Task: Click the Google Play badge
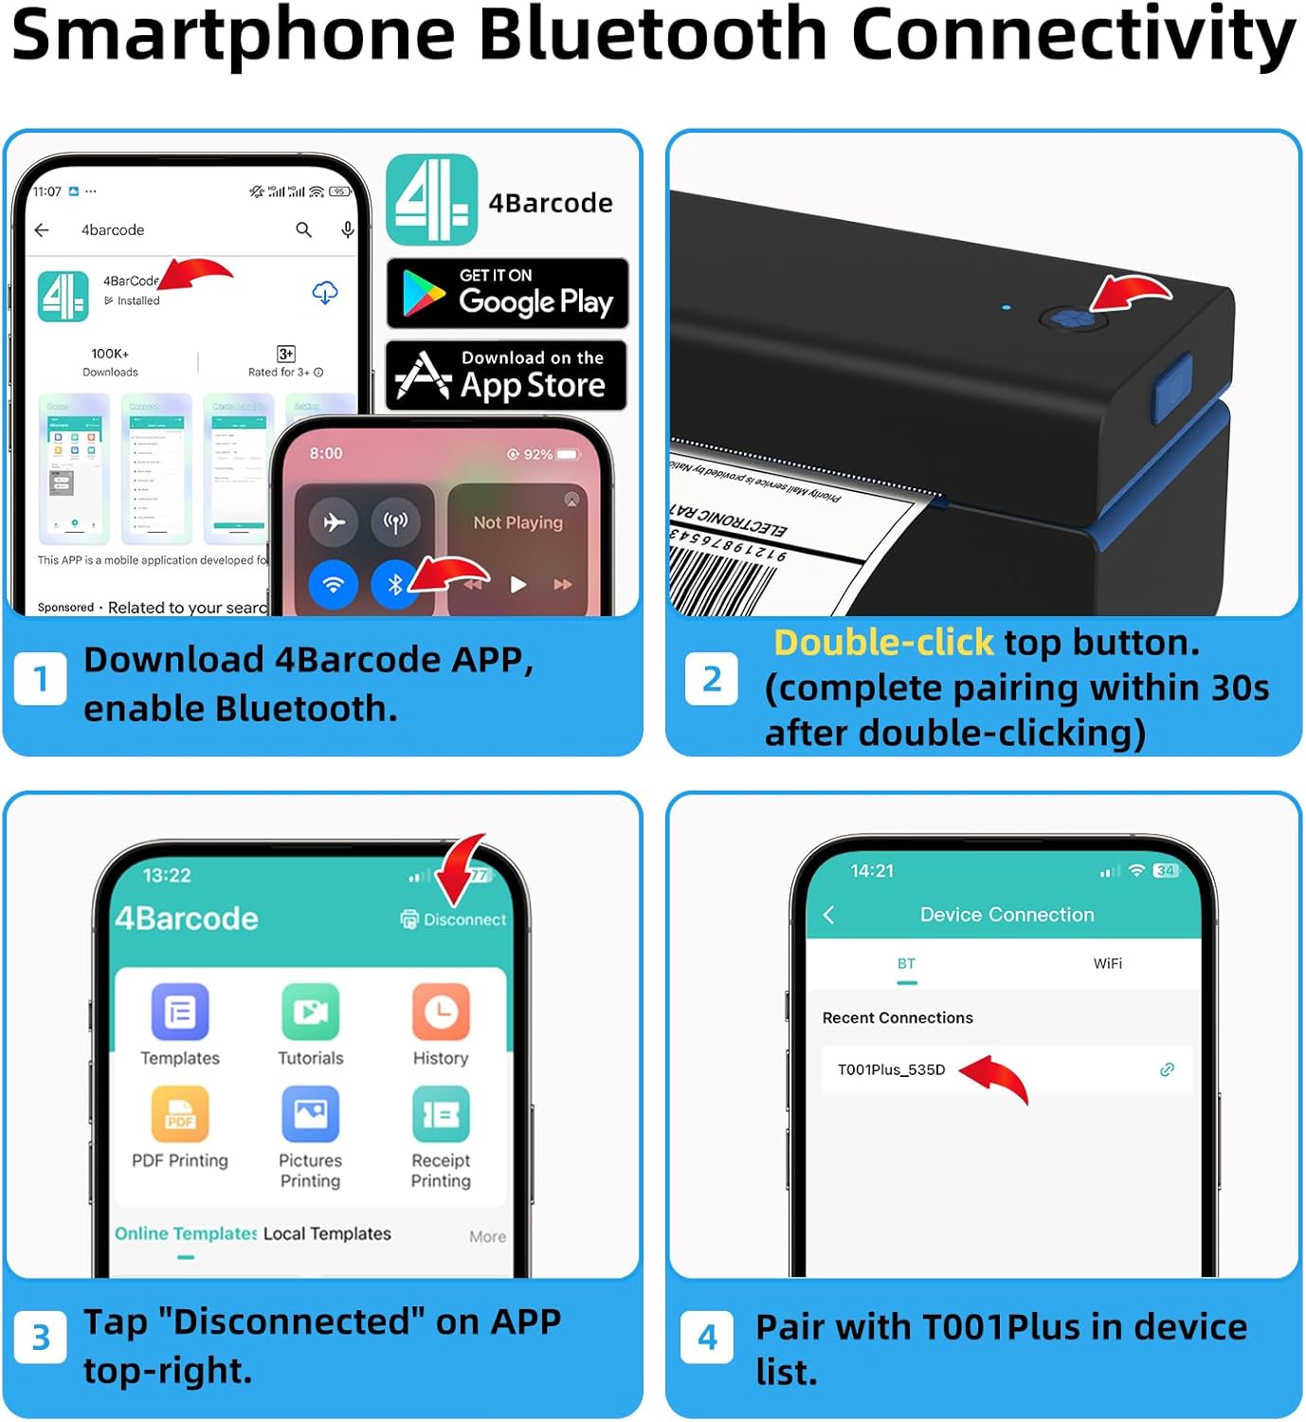click(507, 294)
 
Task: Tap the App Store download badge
click(507, 375)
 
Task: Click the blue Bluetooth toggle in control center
click(395, 584)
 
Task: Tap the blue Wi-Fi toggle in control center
click(333, 584)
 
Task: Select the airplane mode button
click(333, 521)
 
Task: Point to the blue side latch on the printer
click(1171, 389)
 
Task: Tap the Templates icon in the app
click(180, 1012)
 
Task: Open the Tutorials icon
click(310, 1012)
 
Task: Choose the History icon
click(441, 1012)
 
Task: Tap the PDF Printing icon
click(180, 1115)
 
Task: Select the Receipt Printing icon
click(441, 1115)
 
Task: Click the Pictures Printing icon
click(310, 1115)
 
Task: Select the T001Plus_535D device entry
click(891, 1070)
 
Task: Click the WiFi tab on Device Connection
click(1107, 964)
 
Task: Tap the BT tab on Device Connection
click(906, 964)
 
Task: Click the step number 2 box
click(712, 680)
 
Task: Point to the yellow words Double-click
click(883, 643)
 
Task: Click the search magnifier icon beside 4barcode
click(303, 230)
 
